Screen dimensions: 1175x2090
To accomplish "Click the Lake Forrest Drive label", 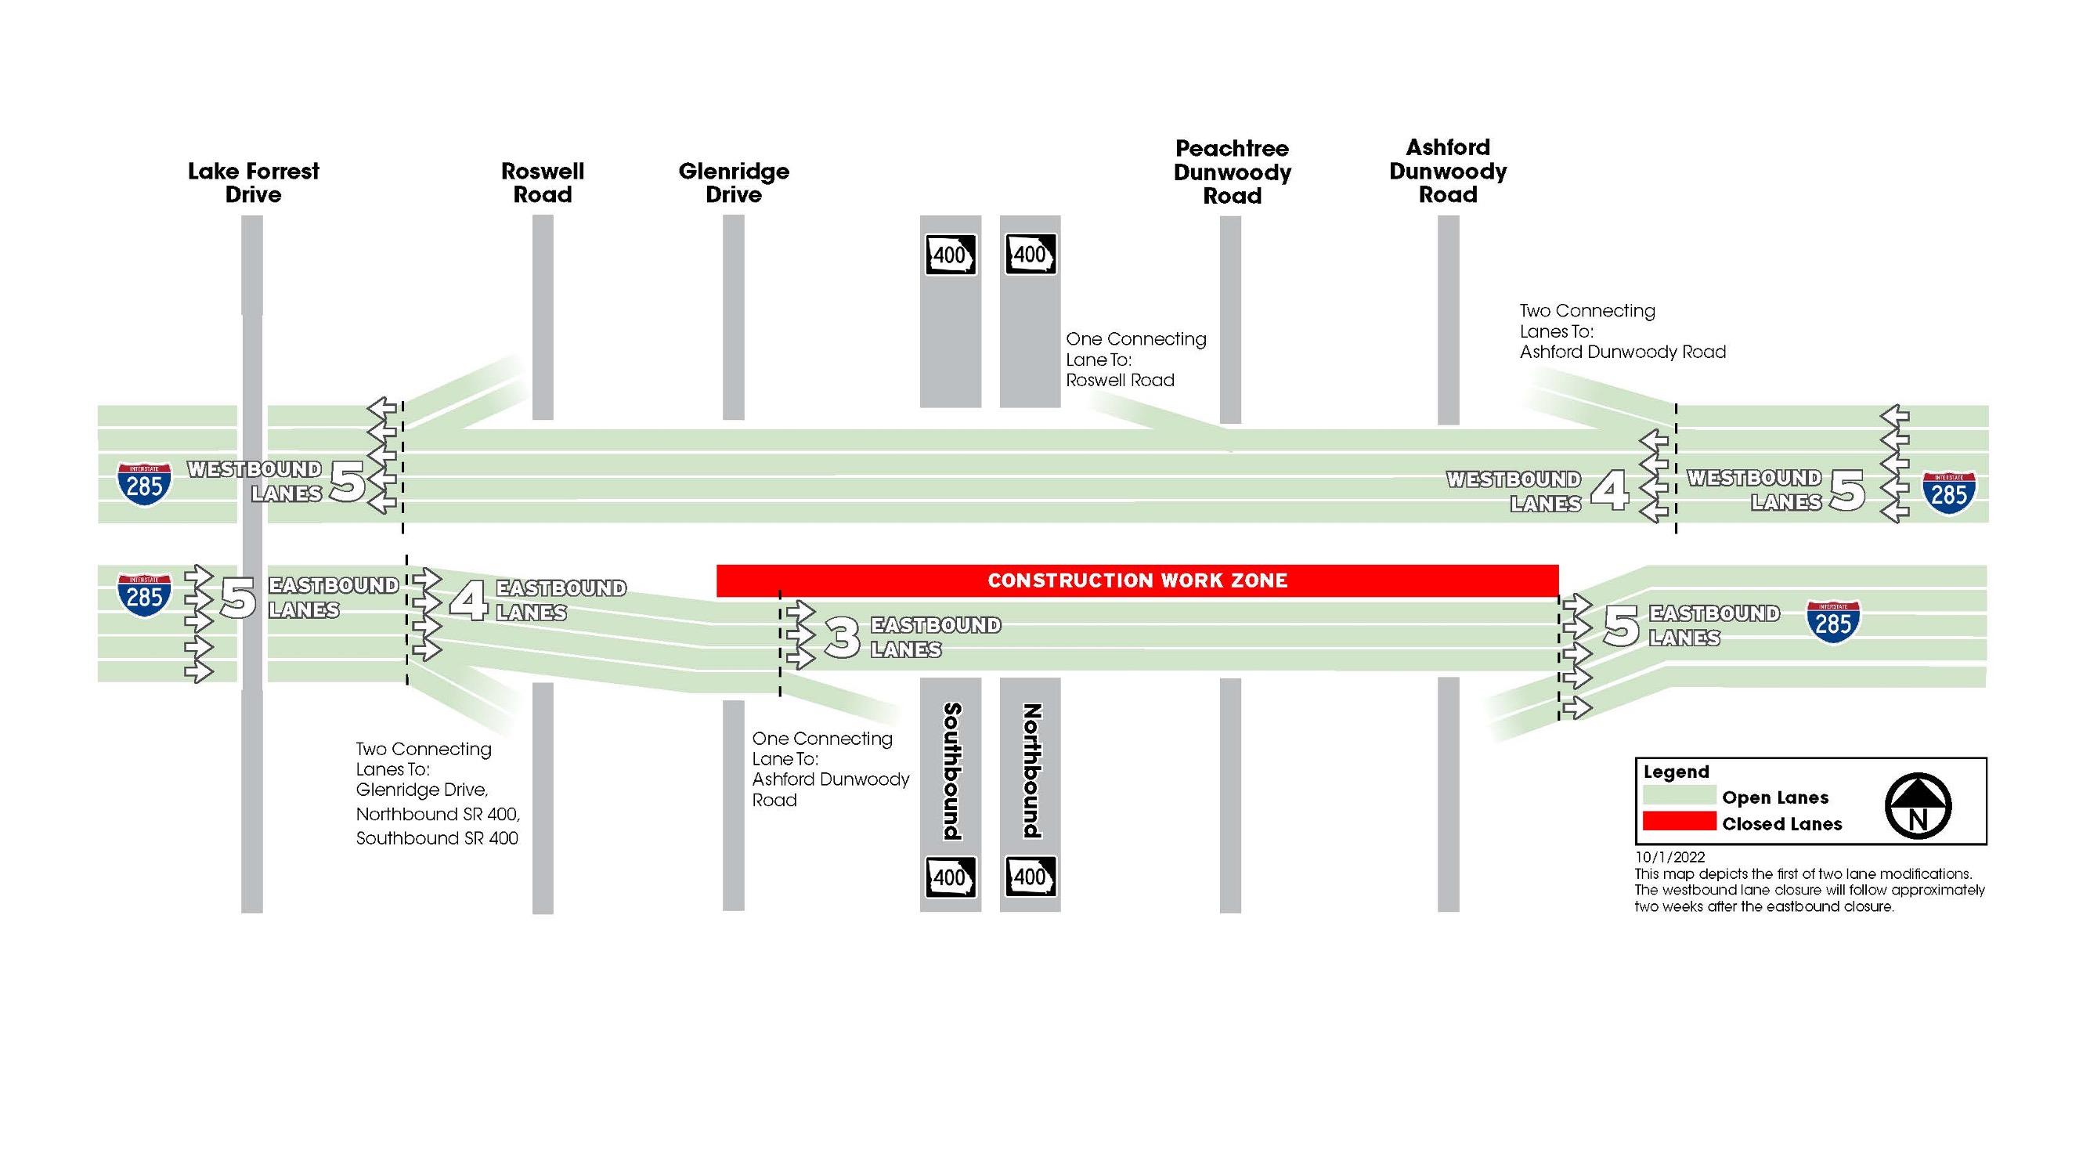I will pos(253,183).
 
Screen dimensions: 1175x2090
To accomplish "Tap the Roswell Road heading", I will pos(542,183).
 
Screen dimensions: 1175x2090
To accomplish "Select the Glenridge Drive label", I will pos(734,183).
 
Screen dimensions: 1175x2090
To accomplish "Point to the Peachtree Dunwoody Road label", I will pos(1232,172).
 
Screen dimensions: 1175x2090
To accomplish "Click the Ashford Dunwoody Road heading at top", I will pos(1447,172).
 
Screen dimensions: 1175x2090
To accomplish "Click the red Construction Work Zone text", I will pos(1137,581).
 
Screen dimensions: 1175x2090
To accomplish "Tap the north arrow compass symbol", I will pos(1917,806).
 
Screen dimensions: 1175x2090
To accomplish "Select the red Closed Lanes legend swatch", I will pos(1679,822).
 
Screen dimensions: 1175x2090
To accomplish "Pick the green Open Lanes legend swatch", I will pos(1679,795).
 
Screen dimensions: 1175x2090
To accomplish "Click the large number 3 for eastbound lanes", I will pos(842,637).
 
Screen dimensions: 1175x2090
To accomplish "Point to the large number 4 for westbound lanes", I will pos(1610,491).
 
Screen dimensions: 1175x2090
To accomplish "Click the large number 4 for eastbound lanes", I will pos(469,601).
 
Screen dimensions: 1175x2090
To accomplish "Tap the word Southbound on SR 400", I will pos(951,771).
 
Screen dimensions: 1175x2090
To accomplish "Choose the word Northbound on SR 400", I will pos(1031,771).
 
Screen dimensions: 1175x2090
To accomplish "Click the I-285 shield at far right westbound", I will pos(1949,493).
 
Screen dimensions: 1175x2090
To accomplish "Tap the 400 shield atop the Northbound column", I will pos(1031,255).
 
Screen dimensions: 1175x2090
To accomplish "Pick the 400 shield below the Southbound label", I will pos(951,878).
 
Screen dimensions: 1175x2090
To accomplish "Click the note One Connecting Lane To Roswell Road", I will pos(1135,360).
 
